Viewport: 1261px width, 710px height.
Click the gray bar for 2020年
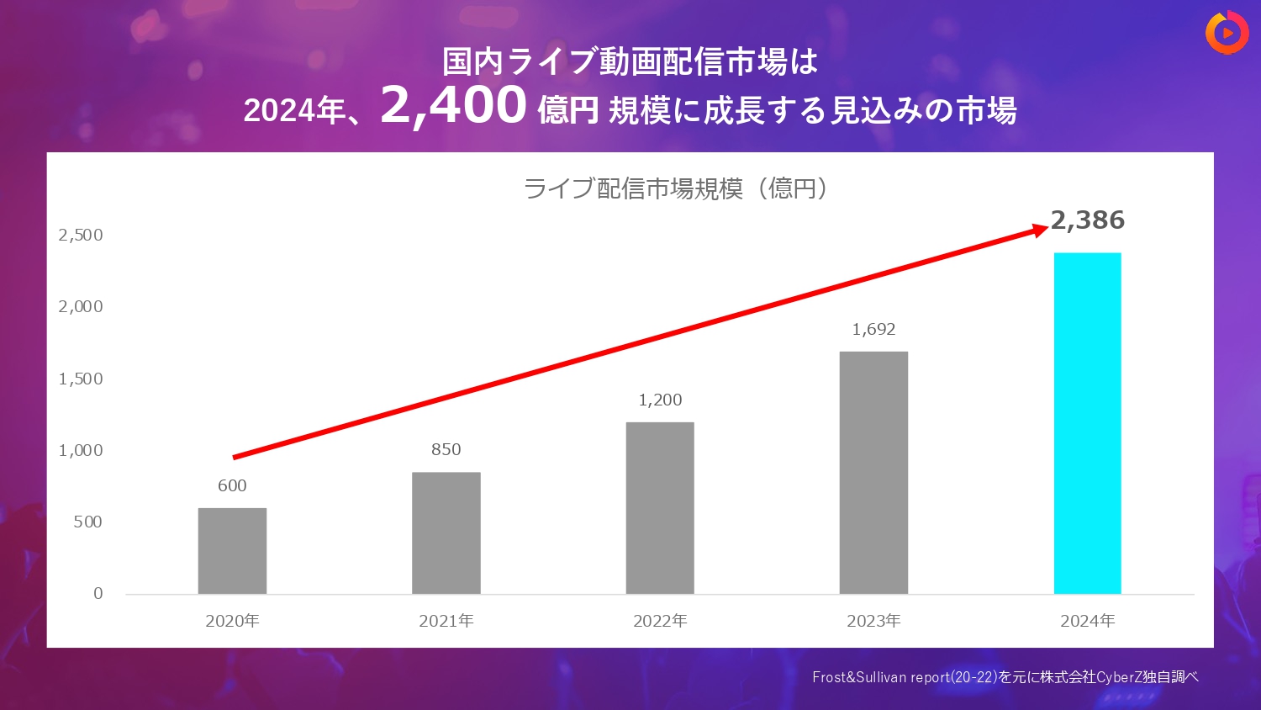tap(232, 551)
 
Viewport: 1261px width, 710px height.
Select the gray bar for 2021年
tap(446, 533)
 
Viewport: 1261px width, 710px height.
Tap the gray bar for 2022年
tap(660, 508)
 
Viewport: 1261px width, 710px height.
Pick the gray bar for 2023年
tap(873, 473)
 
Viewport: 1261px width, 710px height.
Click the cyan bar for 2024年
tap(1087, 423)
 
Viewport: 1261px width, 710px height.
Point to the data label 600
tap(232, 485)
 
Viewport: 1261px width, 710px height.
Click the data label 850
tap(446, 449)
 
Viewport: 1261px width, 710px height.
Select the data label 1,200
tap(660, 400)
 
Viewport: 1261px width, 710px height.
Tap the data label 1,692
tap(873, 329)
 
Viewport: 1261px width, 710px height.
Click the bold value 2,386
tap(1088, 220)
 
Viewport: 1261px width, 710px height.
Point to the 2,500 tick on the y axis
tap(81, 235)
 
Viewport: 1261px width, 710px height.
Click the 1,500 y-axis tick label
tap(81, 379)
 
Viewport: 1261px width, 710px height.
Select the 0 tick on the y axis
tap(98, 593)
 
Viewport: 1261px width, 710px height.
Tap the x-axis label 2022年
tap(660, 621)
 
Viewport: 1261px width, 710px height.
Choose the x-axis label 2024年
tap(1087, 621)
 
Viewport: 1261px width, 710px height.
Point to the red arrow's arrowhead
tap(1040, 230)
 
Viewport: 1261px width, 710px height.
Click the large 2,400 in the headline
tap(454, 105)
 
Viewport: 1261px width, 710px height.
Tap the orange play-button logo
tap(1227, 33)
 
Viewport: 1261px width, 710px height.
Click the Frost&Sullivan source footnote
tap(1005, 676)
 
